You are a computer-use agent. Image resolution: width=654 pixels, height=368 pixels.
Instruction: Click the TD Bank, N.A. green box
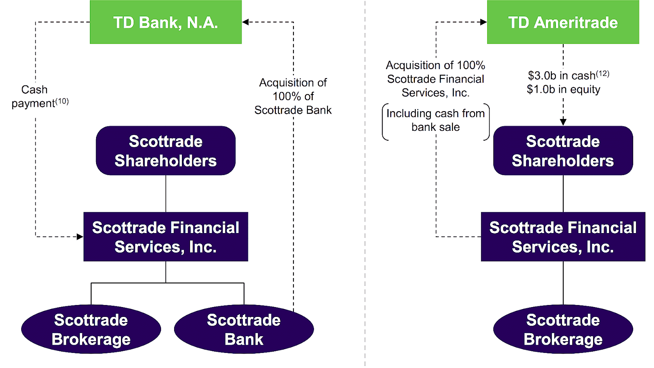[166, 22]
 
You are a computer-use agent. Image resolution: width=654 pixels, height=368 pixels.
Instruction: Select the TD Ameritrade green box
[563, 22]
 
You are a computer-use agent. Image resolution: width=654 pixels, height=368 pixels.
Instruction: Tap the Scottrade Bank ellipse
[244, 329]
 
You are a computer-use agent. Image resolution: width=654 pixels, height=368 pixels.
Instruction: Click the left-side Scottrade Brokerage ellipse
[91, 329]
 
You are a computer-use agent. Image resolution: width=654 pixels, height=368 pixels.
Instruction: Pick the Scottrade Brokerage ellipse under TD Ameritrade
[563, 329]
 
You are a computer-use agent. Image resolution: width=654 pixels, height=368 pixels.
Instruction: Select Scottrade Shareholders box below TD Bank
[166, 150]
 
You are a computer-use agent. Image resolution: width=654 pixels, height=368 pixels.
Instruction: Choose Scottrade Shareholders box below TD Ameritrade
[563, 150]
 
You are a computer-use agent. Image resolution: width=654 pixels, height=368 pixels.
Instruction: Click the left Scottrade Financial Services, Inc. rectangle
[166, 237]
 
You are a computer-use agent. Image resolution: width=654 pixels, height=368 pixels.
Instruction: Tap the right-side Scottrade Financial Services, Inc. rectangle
[563, 237]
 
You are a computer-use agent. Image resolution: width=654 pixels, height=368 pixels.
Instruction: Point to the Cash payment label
[35, 96]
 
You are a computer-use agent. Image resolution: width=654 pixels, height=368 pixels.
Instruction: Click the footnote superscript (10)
[62, 101]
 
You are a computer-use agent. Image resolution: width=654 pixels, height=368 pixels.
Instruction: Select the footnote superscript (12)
[602, 74]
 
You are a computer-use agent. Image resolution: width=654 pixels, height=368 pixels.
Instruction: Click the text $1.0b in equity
[563, 89]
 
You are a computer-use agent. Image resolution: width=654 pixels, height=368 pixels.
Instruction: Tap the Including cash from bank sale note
[435, 120]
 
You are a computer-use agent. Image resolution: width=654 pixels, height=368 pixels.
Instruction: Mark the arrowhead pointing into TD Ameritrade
[484, 22]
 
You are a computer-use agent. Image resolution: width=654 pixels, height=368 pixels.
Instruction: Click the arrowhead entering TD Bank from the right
[245, 22]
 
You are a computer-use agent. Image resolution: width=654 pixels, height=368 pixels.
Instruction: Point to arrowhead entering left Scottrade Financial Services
[80, 236]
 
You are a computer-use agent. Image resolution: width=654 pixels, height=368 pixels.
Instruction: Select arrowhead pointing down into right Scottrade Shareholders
[563, 122]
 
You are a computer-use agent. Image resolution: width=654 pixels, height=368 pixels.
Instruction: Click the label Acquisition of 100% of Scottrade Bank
[293, 96]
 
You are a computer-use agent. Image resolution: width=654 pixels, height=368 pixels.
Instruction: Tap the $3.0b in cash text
[561, 76]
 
